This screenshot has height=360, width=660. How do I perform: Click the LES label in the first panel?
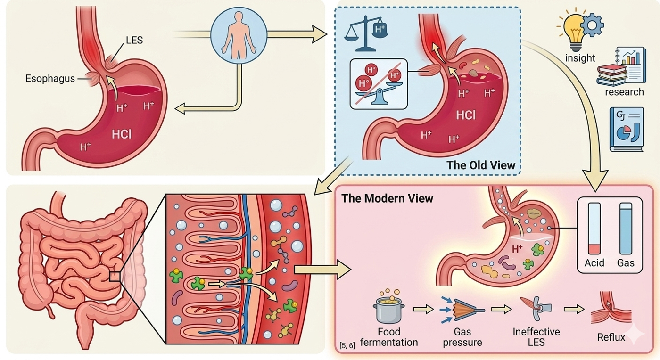[x=134, y=41]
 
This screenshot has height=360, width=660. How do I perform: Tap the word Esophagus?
[x=50, y=79]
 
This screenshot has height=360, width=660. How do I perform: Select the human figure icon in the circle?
[x=239, y=34]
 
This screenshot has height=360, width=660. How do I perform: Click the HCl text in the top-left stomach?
[x=122, y=134]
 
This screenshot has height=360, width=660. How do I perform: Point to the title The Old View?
[x=481, y=165]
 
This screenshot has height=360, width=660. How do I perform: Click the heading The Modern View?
[x=387, y=198]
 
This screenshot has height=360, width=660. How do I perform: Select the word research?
[x=625, y=91]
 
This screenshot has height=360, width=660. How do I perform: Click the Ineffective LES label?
[x=536, y=336]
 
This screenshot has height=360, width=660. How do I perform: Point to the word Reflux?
[x=611, y=337]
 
